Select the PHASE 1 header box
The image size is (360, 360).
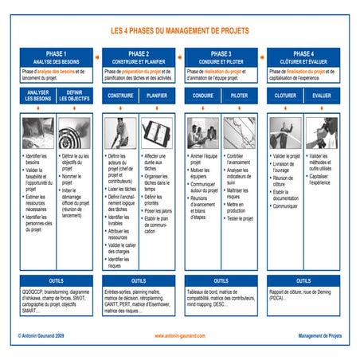[56, 57]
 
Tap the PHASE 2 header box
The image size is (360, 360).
[139, 57]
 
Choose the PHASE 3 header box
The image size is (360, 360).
[221, 57]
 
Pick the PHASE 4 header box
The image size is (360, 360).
[303, 57]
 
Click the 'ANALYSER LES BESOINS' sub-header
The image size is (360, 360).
[37, 96]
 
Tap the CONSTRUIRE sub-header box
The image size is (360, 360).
[119, 96]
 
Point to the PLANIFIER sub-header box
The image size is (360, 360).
[158, 96]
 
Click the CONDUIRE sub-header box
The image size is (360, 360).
[202, 96]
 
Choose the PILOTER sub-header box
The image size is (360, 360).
[240, 96]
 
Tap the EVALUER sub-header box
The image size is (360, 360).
[323, 96]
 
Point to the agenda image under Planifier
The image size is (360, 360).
[158, 132]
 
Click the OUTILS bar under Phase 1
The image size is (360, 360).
[56, 280]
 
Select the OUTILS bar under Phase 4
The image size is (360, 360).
[303, 280]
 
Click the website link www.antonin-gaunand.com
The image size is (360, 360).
[181, 336]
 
